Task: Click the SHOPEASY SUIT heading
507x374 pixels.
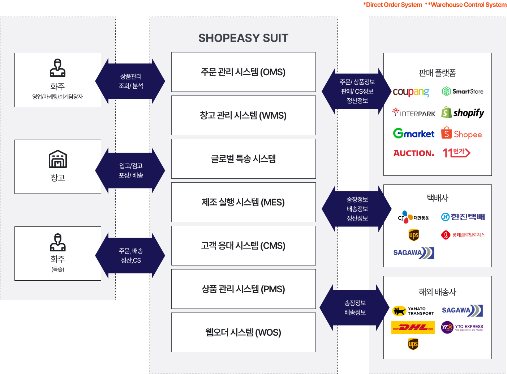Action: pyautogui.click(x=243, y=38)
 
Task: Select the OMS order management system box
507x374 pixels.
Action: pyautogui.click(x=243, y=72)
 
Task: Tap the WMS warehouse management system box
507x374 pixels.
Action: pyautogui.click(x=243, y=115)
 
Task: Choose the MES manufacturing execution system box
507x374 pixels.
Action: pyautogui.click(x=243, y=202)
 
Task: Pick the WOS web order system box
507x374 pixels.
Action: pyautogui.click(x=243, y=332)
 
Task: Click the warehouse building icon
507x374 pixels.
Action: pyautogui.click(x=58, y=159)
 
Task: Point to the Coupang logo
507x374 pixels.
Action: pyautogui.click(x=411, y=92)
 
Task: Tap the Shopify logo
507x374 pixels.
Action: pyautogui.click(x=463, y=113)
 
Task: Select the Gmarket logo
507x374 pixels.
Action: pyautogui.click(x=414, y=133)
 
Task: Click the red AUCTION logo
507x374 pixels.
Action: pyautogui.click(x=414, y=153)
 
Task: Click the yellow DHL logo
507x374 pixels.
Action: pyautogui.click(x=413, y=328)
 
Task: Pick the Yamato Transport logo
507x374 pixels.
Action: pyautogui.click(x=413, y=311)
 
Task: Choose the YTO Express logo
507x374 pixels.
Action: pyautogui.click(x=462, y=327)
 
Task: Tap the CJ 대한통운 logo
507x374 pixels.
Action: pyautogui.click(x=413, y=217)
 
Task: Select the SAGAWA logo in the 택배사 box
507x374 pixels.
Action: pyautogui.click(x=413, y=252)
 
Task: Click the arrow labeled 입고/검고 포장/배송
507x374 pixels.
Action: pyautogui.click(x=130, y=170)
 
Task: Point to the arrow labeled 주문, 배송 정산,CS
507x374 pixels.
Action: pyautogui.click(x=130, y=255)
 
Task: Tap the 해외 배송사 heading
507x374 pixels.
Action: pyautogui.click(x=437, y=292)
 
